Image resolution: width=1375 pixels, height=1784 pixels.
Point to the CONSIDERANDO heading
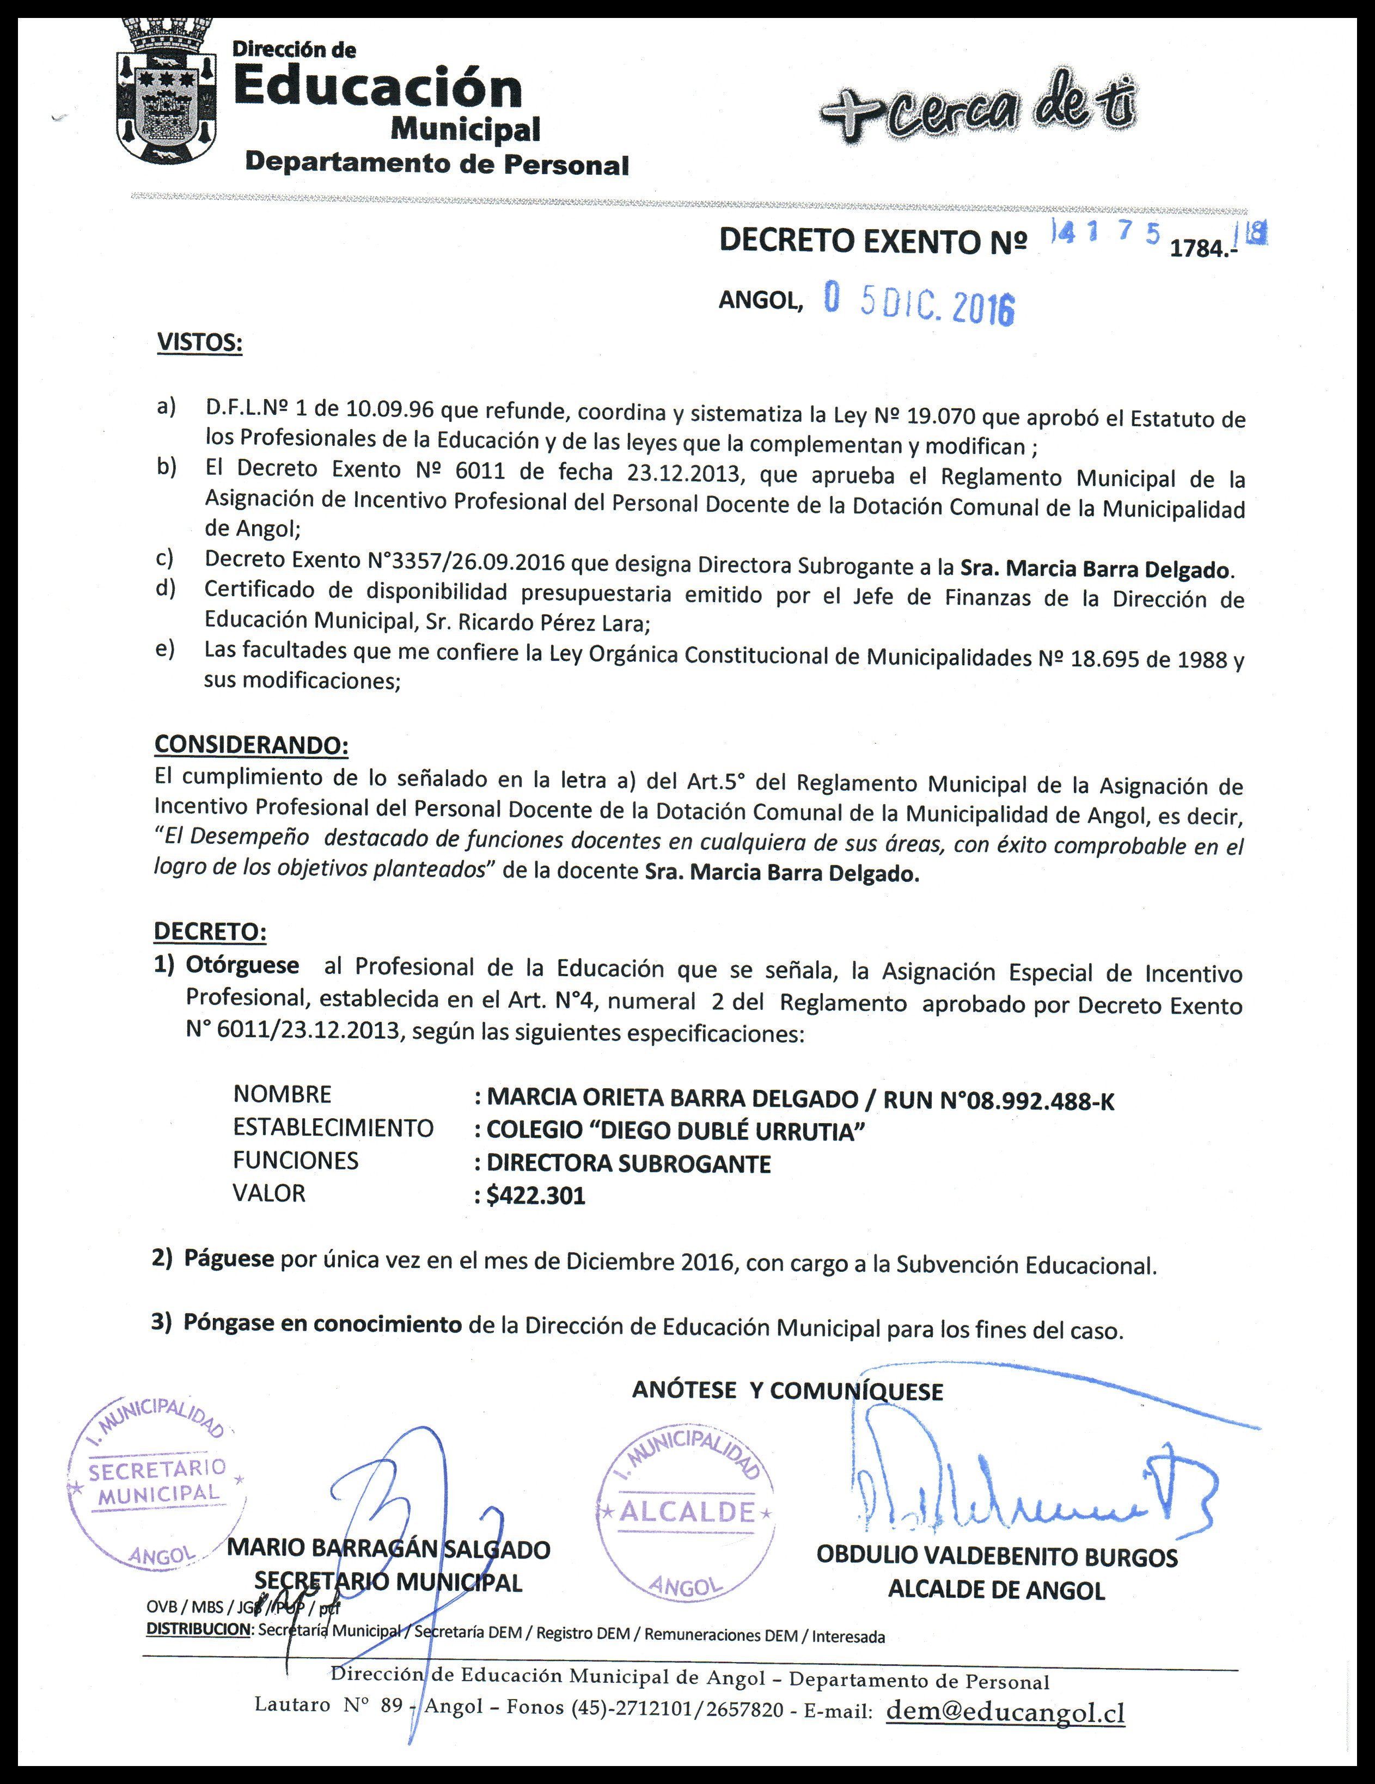(251, 745)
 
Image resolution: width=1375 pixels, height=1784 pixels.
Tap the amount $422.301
(536, 1197)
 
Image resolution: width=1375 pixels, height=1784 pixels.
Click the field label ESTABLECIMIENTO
(333, 1128)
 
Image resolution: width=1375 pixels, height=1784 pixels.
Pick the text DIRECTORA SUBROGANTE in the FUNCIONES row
(628, 1164)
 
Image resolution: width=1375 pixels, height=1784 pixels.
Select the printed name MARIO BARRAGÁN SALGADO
(388, 1549)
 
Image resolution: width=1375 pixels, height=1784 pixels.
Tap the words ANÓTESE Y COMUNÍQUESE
(787, 1391)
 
